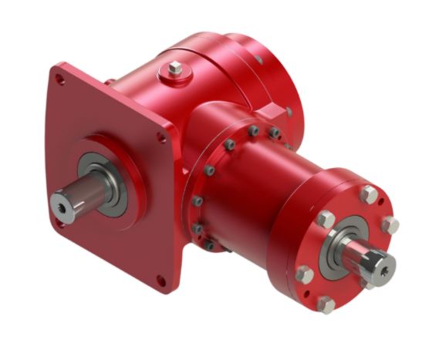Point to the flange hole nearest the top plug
coord(162,137)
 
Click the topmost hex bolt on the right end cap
coord(370,194)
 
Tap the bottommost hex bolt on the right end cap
coord(327,304)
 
